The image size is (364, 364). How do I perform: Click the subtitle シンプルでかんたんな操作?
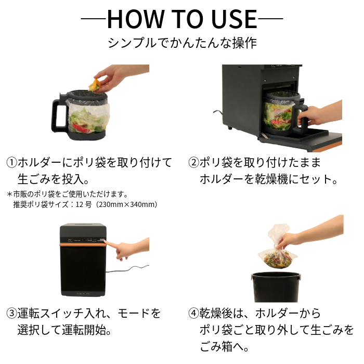coord(182,43)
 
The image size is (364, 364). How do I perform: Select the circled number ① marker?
coord(11,162)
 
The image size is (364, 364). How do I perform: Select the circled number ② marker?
coord(193,162)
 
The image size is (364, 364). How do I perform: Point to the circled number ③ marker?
coord(11,314)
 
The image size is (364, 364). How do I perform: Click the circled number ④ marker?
coord(193,314)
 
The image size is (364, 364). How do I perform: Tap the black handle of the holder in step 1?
coord(57,113)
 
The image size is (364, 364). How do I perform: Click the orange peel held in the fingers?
coord(95,85)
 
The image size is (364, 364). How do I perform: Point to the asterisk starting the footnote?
coord(9,194)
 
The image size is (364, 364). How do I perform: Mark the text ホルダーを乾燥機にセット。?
coord(269,179)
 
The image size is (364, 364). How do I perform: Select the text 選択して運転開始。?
coord(66,330)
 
